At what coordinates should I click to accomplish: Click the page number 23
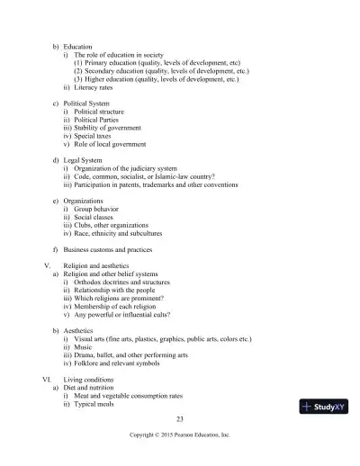[x=180, y=418]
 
